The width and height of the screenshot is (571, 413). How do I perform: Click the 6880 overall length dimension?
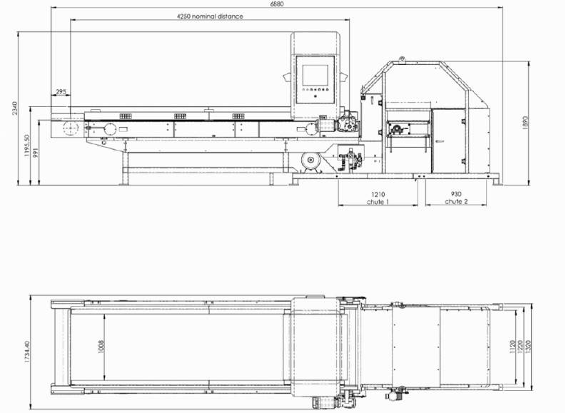[x=277, y=4]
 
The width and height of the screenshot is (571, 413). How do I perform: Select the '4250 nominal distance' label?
[x=210, y=16]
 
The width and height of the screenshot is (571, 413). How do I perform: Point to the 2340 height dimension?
[x=14, y=108]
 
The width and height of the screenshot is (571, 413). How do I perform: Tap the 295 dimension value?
[x=61, y=92]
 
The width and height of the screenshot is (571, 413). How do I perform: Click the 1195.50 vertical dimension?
[x=26, y=146]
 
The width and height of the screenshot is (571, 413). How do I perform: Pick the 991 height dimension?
[x=35, y=152]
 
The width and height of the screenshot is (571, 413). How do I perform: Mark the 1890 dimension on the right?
[x=525, y=123]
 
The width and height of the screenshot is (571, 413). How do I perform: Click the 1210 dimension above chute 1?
[x=378, y=194]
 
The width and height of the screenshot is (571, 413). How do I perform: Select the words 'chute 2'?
[x=456, y=202]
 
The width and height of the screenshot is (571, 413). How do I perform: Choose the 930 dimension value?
[x=456, y=194]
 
